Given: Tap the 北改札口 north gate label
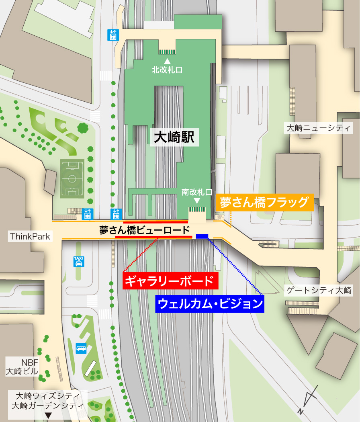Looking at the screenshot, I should (x=167, y=70).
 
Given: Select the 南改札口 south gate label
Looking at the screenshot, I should (x=196, y=192).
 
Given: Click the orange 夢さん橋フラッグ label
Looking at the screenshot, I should (x=265, y=202).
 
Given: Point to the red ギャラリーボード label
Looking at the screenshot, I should (x=170, y=281).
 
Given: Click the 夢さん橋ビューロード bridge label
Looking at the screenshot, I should (x=144, y=230).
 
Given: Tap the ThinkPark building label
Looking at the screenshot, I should (x=30, y=236).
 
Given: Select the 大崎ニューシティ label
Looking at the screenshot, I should (x=318, y=129).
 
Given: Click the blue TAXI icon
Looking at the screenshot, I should (x=78, y=262).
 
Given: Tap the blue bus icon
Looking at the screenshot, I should (x=81, y=348).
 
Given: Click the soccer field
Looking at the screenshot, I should (x=72, y=178).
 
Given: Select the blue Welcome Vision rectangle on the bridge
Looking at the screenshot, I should (x=202, y=236).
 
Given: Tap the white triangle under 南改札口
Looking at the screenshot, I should (x=197, y=200).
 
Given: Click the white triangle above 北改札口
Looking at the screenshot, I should (x=167, y=61).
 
